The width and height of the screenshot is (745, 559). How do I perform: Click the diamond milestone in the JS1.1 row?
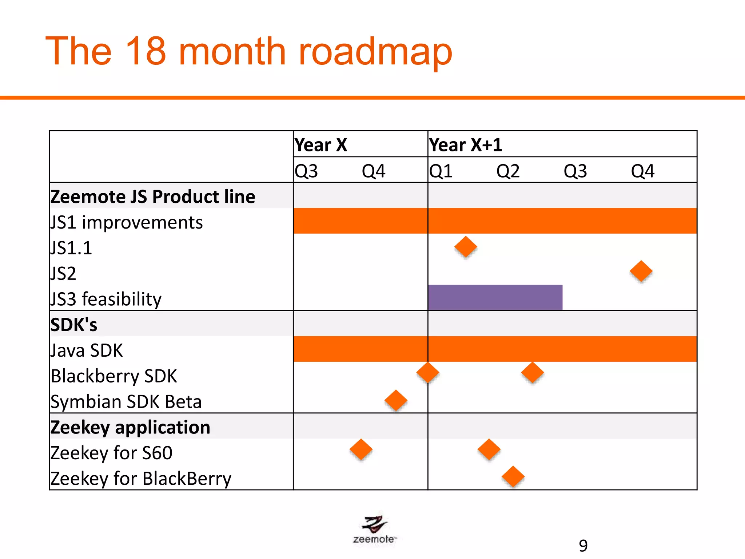tap(466, 247)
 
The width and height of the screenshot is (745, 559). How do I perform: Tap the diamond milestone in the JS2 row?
tap(641, 271)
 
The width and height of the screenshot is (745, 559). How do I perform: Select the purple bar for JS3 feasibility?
tap(495, 297)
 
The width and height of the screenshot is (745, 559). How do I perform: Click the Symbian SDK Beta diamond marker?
tap(396, 400)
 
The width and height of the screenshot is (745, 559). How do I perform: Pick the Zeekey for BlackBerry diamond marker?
tap(513, 476)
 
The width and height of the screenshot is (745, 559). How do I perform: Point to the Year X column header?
tap(321, 145)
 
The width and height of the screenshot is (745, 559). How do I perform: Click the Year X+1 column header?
tap(466, 145)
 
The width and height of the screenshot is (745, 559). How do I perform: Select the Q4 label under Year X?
tap(373, 171)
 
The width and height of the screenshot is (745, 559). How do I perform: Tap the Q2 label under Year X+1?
tap(508, 171)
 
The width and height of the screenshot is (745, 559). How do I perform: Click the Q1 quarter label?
tap(441, 171)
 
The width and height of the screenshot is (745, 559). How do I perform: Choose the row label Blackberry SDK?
tap(114, 376)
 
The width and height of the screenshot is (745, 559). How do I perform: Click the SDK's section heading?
tap(74, 325)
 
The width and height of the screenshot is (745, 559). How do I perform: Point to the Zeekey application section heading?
tap(130, 427)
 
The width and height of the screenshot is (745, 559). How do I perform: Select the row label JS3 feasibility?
tap(106, 299)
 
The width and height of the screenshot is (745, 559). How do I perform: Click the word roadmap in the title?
tap(375, 52)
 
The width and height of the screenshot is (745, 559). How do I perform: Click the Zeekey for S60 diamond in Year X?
tap(361, 449)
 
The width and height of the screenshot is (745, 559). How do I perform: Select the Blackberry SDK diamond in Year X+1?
tap(532, 373)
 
